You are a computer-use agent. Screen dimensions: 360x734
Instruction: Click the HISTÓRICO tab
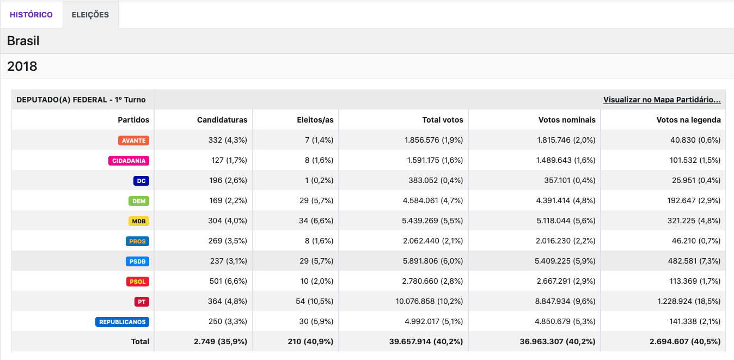(31, 15)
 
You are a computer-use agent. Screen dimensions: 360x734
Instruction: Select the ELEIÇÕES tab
(90, 15)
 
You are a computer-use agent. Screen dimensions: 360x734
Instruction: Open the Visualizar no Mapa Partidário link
(662, 100)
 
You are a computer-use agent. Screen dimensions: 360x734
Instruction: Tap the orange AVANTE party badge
(133, 141)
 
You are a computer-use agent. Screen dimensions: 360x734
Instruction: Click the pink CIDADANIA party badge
(129, 161)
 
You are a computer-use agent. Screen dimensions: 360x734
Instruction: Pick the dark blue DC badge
(141, 181)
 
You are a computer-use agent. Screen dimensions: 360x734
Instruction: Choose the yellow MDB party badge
(138, 221)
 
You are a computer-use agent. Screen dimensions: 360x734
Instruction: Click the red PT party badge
(142, 302)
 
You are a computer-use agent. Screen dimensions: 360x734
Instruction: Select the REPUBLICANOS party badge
(123, 322)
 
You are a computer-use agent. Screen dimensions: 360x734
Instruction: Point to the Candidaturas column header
(222, 120)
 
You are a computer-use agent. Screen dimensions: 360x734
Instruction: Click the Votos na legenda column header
(688, 120)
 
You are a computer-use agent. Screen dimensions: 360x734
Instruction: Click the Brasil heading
(23, 41)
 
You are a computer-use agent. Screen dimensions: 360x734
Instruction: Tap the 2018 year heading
(22, 66)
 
